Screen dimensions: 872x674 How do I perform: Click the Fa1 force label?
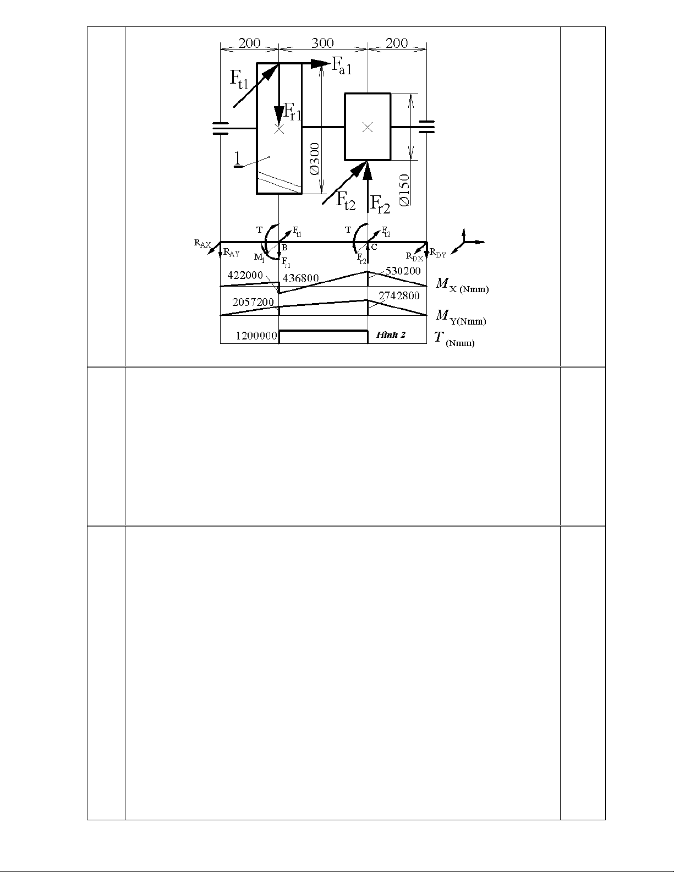[341, 66]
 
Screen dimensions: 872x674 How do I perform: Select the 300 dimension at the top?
[322, 43]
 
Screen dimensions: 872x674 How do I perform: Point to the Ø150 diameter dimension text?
[404, 189]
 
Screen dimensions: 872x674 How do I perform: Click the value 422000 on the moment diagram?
[245, 275]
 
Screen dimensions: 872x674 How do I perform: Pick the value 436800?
[300, 278]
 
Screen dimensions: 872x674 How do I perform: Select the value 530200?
[403, 271]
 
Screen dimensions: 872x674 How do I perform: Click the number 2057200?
[253, 302]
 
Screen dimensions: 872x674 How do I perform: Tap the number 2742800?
[399, 295]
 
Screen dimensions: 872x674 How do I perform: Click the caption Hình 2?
[391, 334]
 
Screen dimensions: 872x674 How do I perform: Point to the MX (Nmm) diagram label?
[462, 285]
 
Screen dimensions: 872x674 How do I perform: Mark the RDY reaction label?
[438, 254]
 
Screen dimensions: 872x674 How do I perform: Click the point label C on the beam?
[374, 247]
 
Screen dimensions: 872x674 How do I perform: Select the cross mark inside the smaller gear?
[368, 127]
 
